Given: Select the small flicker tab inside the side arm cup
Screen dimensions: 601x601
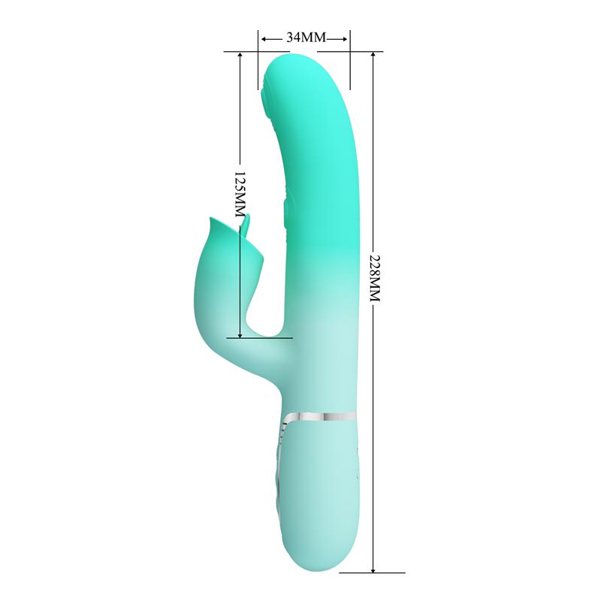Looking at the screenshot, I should click(x=247, y=225).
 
